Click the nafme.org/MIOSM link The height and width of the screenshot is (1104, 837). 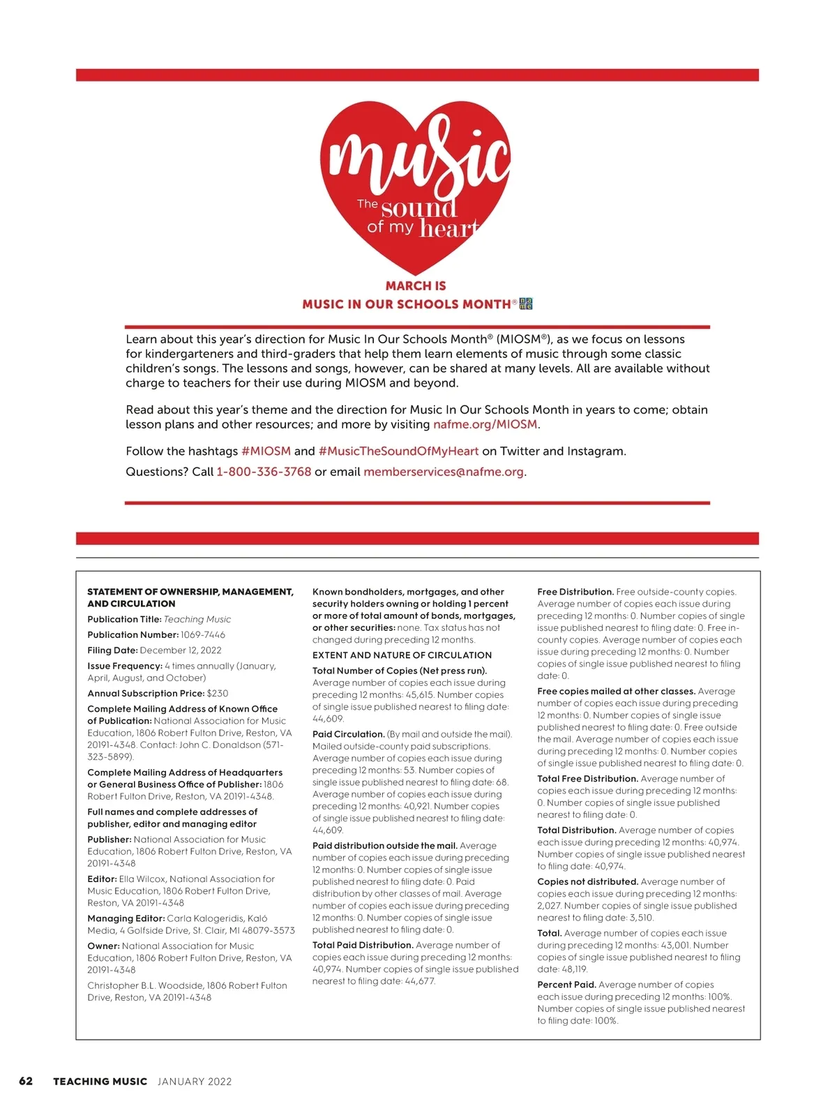485,424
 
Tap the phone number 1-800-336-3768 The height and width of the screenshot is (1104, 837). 264,472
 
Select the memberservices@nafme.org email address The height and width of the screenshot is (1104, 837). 443,472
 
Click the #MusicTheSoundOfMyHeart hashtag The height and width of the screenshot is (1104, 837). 398,451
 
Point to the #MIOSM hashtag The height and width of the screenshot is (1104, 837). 266,451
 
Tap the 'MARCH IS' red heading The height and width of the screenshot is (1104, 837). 416,285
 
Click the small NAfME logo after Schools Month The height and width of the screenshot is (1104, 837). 526,304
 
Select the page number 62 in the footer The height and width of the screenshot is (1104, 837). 26,1081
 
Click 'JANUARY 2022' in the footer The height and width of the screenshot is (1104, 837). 195,1082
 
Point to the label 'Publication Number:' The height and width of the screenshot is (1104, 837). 133,634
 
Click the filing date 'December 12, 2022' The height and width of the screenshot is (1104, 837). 181,650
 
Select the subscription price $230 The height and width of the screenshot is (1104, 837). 218,693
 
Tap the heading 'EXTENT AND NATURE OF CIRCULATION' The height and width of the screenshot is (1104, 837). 402,655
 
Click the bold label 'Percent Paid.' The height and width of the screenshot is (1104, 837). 566,985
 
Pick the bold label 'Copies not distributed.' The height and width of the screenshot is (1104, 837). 587,881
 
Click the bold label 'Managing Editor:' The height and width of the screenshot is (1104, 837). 126,918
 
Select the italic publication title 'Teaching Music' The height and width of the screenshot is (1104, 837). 197,619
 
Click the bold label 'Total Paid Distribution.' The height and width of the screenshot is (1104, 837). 363,945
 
